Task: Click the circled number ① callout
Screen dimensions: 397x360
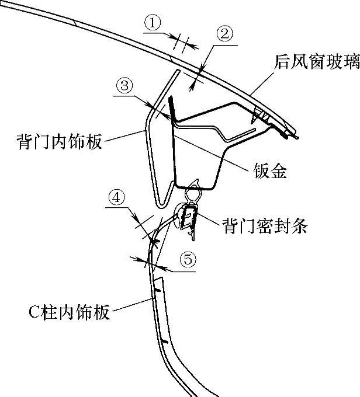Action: pos(153,23)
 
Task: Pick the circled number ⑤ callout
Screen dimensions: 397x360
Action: pos(186,260)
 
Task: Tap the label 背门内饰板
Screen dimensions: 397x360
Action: pos(53,141)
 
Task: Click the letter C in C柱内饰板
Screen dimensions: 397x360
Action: pos(34,313)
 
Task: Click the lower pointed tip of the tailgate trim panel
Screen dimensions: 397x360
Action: pos(162,204)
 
